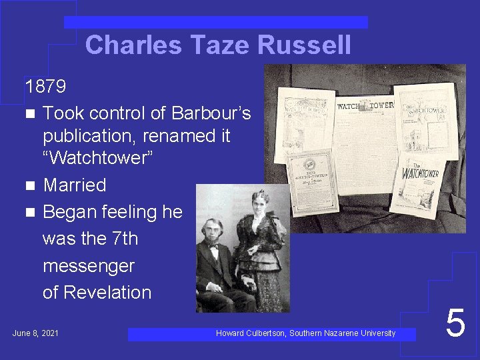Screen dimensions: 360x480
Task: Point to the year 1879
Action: [45, 86]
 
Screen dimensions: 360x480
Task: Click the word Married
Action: [74, 185]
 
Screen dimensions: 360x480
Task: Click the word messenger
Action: [88, 265]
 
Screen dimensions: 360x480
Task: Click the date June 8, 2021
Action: [35, 332]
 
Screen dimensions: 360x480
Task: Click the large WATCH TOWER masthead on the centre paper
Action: [365, 105]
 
